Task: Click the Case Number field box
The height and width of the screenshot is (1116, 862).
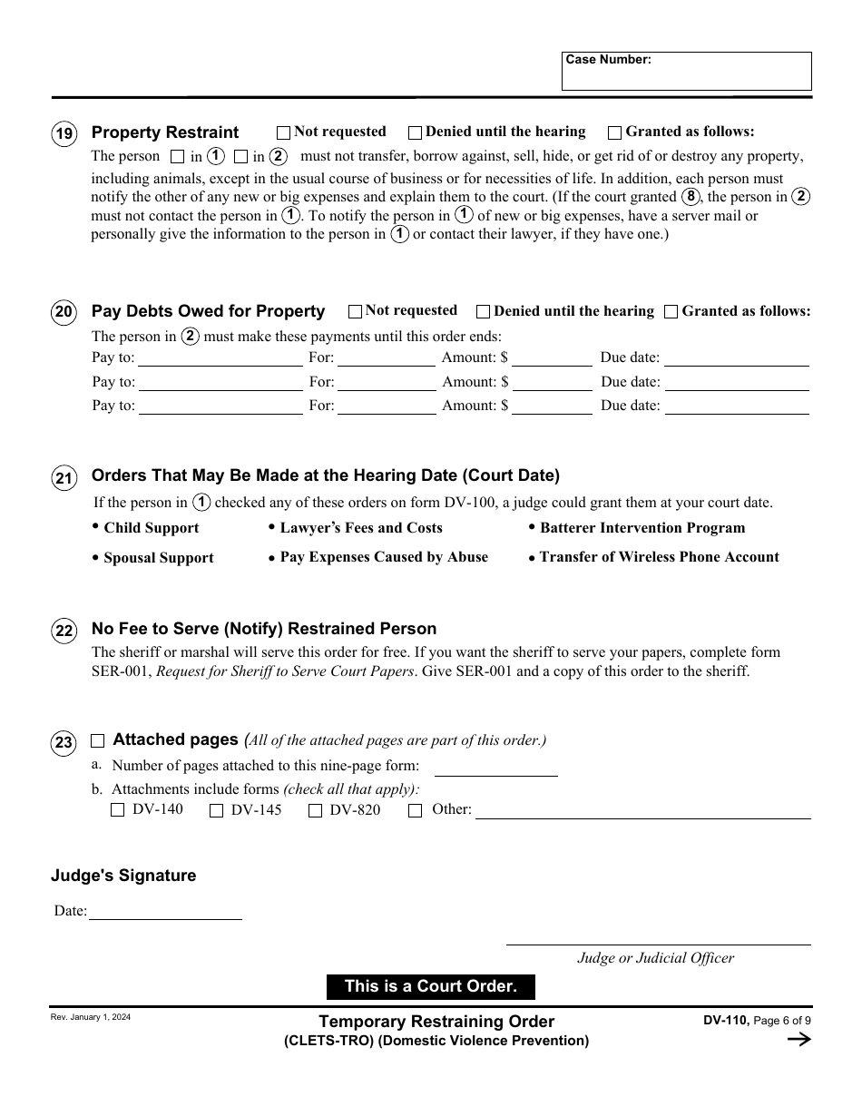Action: (686, 72)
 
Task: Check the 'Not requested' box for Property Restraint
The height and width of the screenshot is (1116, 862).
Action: (284, 132)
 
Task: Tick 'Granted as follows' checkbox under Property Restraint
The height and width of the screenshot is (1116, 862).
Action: (615, 132)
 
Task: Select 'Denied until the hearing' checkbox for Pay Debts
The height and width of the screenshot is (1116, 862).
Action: (484, 312)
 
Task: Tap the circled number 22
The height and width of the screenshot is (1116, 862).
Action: (64, 631)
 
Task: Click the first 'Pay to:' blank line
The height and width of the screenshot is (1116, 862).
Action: (220, 358)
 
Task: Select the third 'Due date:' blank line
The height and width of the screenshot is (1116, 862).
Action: (737, 406)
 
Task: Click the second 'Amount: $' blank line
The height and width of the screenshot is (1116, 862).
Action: (552, 383)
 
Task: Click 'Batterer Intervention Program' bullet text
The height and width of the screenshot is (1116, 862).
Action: (642, 528)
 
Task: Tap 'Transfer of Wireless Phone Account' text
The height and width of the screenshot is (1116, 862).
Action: (659, 557)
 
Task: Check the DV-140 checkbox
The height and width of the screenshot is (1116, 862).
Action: (117, 811)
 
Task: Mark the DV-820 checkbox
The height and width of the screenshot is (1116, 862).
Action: (315, 811)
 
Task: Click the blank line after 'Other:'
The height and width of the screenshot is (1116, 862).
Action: (642, 811)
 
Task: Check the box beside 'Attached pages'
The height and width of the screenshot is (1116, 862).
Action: (98, 740)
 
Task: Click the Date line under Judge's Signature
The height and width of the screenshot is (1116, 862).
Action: (165, 912)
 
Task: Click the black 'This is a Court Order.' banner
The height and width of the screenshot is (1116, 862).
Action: (431, 987)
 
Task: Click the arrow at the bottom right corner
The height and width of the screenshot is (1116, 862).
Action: (798, 1040)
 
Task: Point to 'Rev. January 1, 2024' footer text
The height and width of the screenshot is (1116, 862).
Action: (90, 1018)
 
